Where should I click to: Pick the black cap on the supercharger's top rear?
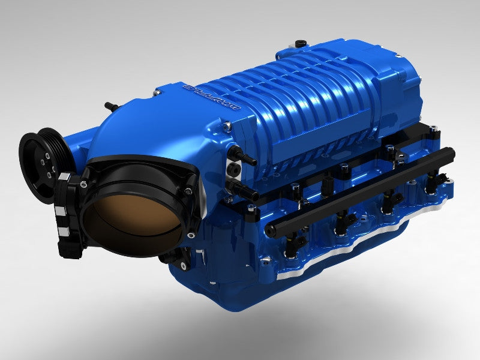click(299, 44)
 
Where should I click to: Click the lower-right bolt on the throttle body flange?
click(191, 235)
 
